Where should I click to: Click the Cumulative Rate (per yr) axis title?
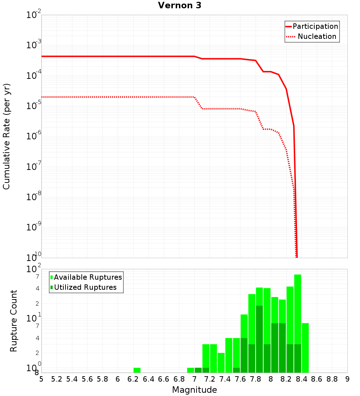6,136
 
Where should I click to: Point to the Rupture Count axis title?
14,321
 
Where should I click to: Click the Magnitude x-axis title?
194,390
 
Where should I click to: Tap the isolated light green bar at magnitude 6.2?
137,370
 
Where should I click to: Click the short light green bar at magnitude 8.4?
305,347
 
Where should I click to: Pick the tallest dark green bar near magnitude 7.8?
259,338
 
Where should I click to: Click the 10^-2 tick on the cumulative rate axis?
34,15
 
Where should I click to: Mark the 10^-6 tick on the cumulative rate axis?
34,136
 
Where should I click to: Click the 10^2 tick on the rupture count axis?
34,269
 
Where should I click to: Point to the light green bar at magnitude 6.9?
190,370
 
